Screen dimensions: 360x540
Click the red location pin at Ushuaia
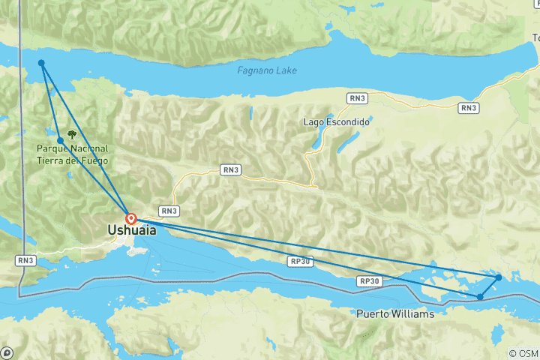(x=131, y=219)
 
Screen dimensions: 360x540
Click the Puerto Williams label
(x=395, y=314)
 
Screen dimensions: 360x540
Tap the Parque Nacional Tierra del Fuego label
(x=72, y=154)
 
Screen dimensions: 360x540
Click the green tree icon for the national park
(x=72, y=136)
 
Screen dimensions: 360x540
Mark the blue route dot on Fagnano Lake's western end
(x=41, y=63)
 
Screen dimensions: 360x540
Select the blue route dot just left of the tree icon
(x=60, y=140)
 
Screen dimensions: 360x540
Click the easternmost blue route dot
(x=499, y=277)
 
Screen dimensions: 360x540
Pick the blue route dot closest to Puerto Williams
(x=480, y=297)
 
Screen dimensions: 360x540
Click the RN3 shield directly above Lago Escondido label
(x=357, y=97)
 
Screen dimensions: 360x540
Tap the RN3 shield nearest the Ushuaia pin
(x=169, y=211)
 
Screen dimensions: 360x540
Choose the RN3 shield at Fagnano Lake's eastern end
(x=469, y=108)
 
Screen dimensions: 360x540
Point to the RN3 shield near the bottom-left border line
(x=25, y=260)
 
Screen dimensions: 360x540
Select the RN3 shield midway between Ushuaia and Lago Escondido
(x=231, y=170)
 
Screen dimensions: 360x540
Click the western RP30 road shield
(x=297, y=261)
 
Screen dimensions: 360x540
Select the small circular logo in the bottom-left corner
(x=7, y=352)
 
